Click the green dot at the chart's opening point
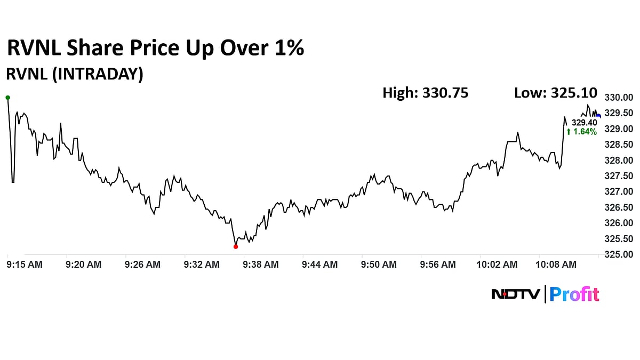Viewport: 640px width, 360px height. tap(7, 98)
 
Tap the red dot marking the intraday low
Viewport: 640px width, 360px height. tap(236, 246)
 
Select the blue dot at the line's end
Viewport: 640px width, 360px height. tap(598, 116)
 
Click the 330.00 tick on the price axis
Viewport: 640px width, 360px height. tap(618, 98)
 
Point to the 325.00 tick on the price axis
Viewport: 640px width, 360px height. tap(618, 254)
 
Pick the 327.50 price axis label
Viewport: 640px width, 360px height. tap(618, 176)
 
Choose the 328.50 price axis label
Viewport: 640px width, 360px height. tap(618, 145)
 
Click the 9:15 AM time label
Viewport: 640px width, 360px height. tap(25, 264)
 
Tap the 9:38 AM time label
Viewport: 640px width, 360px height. tap(261, 264)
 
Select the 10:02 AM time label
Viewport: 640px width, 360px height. tap(497, 264)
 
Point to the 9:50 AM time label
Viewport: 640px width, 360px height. tap(379, 264)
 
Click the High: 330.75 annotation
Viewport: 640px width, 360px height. tap(426, 93)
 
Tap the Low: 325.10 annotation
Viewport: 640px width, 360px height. tap(556, 93)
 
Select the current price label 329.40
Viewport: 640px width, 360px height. tap(584, 123)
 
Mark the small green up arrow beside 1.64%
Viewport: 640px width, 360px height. tap(569, 132)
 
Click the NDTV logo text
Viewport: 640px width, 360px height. tap(515, 294)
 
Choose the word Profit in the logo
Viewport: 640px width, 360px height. tap(574, 294)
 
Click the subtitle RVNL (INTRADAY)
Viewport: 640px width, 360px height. tap(74, 74)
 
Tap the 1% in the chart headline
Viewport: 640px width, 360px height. tap(289, 48)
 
